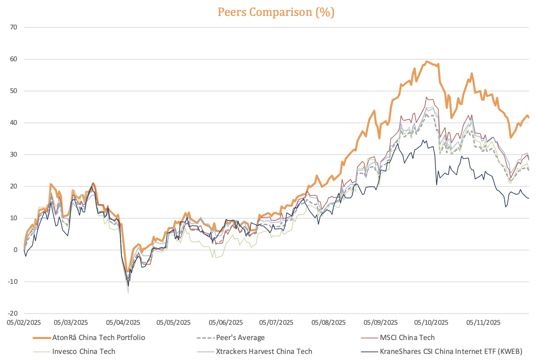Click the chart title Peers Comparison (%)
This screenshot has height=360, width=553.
coord(276,12)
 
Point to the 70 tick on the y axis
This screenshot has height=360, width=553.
coord(14,27)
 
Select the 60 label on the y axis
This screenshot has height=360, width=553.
coord(14,59)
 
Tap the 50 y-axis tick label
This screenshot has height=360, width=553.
coord(14,91)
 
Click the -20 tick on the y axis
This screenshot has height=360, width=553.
coord(13,314)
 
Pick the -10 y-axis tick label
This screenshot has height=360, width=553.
coord(13,282)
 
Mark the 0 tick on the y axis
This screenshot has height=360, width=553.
coord(15,250)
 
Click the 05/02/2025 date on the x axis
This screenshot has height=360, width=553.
coord(24,322)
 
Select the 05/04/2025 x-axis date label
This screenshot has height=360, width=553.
coord(123,322)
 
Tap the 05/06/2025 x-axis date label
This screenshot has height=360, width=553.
coord(226,322)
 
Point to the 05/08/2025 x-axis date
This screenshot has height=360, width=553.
coord(329,322)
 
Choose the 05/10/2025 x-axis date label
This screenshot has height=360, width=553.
coord(431,322)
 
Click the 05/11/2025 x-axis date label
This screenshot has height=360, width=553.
coord(483,322)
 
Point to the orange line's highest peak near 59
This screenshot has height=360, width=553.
coord(427,62)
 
